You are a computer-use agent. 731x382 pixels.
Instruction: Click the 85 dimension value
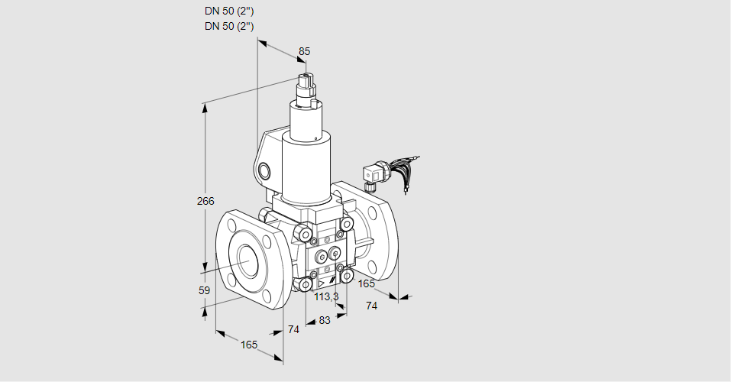(304, 51)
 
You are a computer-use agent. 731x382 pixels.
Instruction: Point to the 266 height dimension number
(205, 202)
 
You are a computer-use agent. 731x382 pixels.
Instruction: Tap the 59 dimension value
(204, 290)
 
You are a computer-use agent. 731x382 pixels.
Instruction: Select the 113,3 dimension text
(326, 296)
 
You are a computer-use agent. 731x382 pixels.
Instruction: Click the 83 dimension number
(325, 320)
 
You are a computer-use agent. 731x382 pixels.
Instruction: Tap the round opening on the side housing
(264, 170)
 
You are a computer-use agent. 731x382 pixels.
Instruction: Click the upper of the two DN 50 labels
(229, 11)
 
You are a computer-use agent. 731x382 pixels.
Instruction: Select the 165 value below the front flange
(249, 345)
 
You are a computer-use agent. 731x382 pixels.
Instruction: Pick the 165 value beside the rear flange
(367, 284)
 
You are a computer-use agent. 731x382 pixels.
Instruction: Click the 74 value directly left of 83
(293, 329)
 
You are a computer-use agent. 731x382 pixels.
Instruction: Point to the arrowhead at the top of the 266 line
(205, 108)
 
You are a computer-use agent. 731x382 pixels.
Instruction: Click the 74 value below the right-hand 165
(372, 306)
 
